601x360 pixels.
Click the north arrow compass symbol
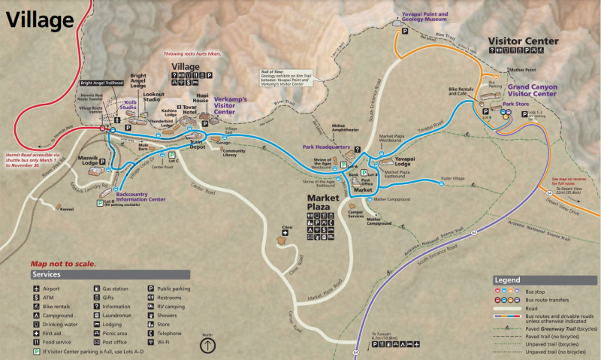[207, 345]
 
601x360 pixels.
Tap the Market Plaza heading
[327, 202]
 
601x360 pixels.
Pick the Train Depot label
[198, 145]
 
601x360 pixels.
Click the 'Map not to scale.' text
[63, 264]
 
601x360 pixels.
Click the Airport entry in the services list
[50, 288]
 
